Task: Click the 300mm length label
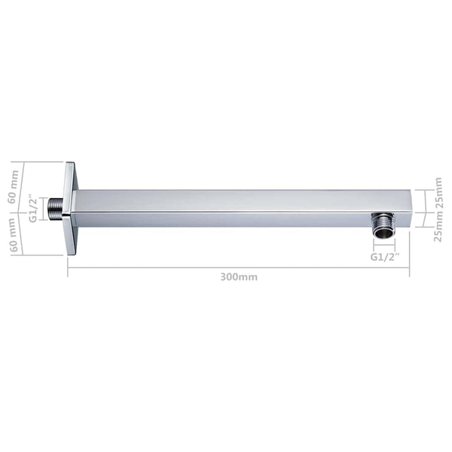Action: coord(239,277)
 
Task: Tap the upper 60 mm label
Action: coord(13,187)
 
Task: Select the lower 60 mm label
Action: coord(13,235)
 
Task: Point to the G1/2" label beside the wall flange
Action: coord(33,209)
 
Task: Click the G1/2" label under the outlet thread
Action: coord(384,257)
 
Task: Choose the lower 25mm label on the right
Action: coord(438,227)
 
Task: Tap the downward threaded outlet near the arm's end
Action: coord(384,226)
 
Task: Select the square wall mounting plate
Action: coord(70,209)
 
